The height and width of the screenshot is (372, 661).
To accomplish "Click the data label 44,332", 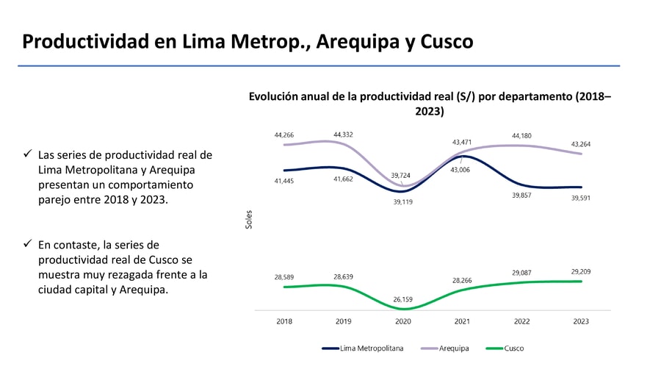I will tap(343, 135).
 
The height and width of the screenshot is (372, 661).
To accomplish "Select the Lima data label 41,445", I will tap(283, 181).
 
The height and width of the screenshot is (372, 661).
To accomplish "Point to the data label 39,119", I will tap(402, 201).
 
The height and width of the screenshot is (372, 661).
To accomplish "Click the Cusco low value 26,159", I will tap(402, 299).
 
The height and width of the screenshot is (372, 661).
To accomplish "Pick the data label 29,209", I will tap(580, 271).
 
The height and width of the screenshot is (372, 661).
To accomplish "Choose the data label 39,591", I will tap(580, 197).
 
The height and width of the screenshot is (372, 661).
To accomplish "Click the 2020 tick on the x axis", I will tap(402, 321).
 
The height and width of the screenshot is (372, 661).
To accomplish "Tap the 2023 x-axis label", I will tap(580, 321).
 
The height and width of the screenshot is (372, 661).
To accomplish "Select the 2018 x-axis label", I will tap(284, 321).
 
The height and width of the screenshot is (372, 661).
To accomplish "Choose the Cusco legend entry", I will tap(514, 348).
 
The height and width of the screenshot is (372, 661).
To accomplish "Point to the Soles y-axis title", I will tap(249, 219).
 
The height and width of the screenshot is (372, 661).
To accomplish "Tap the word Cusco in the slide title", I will tap(447, 41).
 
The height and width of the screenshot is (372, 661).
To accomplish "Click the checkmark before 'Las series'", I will tap(27, 154).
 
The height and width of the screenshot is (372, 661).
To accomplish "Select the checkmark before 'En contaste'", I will tap(27, 243).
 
